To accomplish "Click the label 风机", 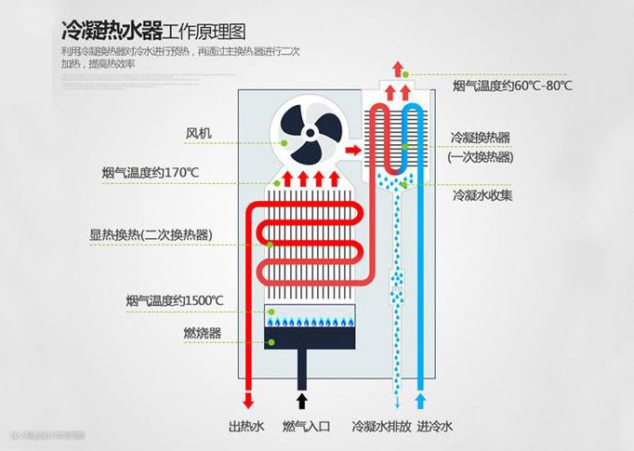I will coord(198,133).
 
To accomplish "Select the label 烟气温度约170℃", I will coord(151,173).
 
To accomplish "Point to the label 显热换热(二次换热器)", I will coord(150,234).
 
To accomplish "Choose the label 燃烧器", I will coord(203,332).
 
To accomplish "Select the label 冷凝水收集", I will coord(482,196).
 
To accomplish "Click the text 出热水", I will coord(246,427).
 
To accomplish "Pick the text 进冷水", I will coord(435,427).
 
